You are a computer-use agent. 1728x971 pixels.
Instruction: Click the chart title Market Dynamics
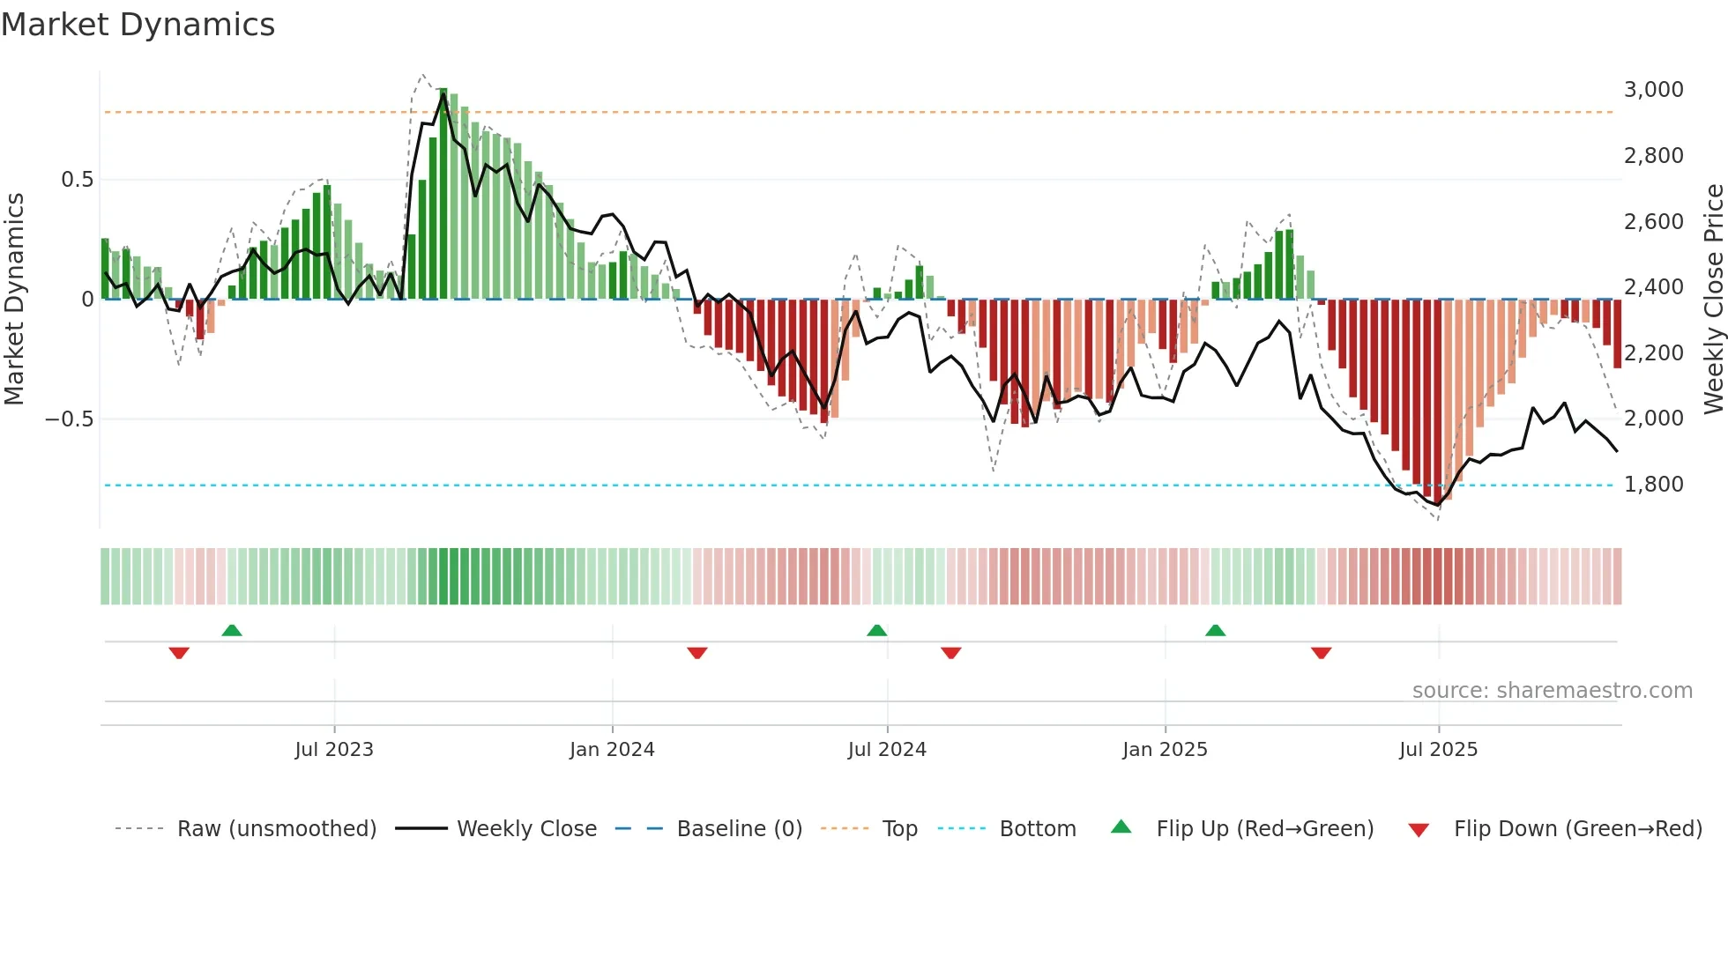(138, 25)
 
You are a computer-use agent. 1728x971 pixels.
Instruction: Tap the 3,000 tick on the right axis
(1653, 89)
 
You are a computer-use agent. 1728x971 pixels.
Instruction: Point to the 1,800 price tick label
(1653, 484)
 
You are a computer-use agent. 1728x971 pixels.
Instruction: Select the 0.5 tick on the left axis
(77, 180)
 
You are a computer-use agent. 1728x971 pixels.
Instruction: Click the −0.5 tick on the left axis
(70, 419)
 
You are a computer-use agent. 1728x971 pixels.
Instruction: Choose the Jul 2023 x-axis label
(334, 750)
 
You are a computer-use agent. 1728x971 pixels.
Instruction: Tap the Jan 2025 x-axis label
(1165, 750)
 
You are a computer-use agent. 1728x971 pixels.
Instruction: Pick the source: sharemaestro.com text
(1552, 691)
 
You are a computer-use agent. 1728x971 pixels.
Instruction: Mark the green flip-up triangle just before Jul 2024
(876, 631)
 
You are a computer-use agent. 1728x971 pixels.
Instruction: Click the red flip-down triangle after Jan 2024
(697, 653)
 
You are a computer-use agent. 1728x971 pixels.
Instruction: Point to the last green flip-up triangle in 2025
(1215, 631)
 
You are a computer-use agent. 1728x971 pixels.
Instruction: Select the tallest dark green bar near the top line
(443, 194)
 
